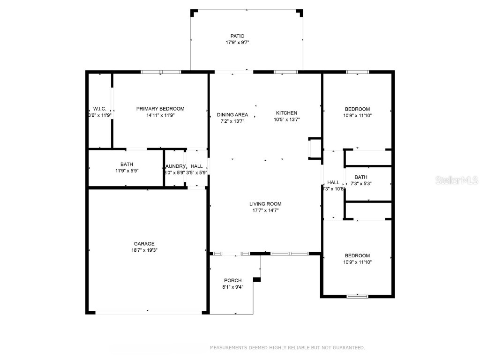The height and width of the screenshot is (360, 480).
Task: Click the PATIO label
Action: pyautogui.click(x=237, y=36)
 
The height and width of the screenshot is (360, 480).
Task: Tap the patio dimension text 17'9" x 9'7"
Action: pyautogui.click(x=237, y=43)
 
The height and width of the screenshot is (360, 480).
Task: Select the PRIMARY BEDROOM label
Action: pyautogui.click(x=160, y=109)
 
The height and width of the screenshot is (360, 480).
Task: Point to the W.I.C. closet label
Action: pyautogui.click(x=99, y=109)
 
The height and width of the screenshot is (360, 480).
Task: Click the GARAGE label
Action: pyautogui.click(x=144, y=244)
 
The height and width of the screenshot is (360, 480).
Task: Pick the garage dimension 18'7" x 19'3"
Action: pyautogui.click(x=144, y=250)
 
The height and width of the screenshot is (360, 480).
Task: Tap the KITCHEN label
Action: pyautogui.click(x=286, y=113)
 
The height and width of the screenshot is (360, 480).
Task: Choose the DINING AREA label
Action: pyautogui.click(x=232, y=115)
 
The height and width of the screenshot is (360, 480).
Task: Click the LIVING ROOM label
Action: pyautogui.click(x=265, y=204)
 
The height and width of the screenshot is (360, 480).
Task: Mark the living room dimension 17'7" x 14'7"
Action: pyautogui.click(x=265, y=210)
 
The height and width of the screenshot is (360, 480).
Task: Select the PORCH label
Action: pyautogui.click(x=232, y=280)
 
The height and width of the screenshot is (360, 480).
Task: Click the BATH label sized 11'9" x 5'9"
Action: pyautogui.click(x=127, y=164)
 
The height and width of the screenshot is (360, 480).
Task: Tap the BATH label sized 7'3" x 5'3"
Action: pyautogui.click(x=361, y=177)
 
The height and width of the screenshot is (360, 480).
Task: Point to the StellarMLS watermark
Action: pyautogui.click(x=457, y=180)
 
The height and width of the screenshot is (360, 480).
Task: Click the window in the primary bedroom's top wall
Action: pyautogui.click(x=161, y=72)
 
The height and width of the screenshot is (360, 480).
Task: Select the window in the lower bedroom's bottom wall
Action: pyautogui.click(x=357, y=296)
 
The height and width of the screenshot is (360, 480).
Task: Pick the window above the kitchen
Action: pyautogui.click(x=286, y=72)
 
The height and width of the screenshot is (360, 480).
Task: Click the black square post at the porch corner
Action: pyautogui.click(x=256, y=280)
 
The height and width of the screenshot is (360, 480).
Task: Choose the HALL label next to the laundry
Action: pyautogui.click(x=197, y=166)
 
